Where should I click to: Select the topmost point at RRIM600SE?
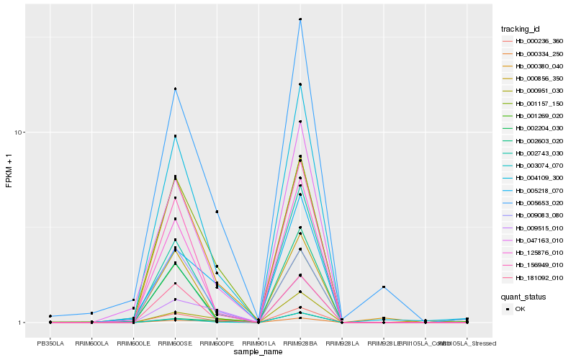(175, 89)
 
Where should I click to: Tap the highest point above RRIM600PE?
(217, 212)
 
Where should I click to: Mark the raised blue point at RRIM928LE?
(384, 287)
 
